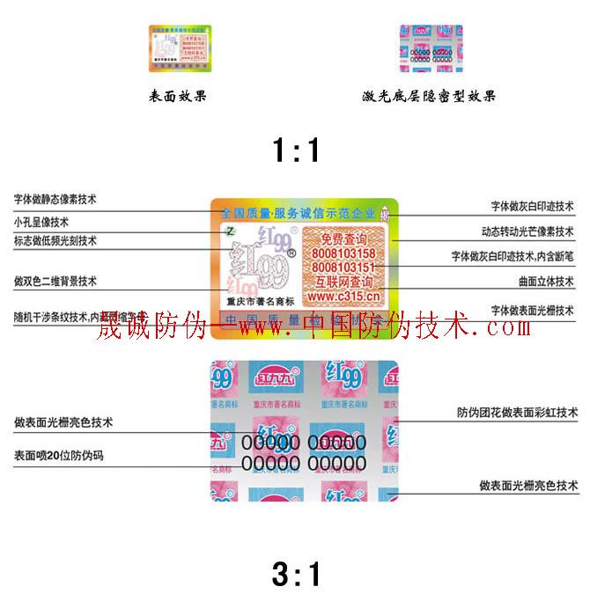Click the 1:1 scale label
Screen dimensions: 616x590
295,152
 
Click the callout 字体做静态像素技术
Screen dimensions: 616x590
55,200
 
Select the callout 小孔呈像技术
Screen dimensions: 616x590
41,221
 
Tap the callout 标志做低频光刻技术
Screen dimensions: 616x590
55,240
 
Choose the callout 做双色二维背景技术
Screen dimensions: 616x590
55,281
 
